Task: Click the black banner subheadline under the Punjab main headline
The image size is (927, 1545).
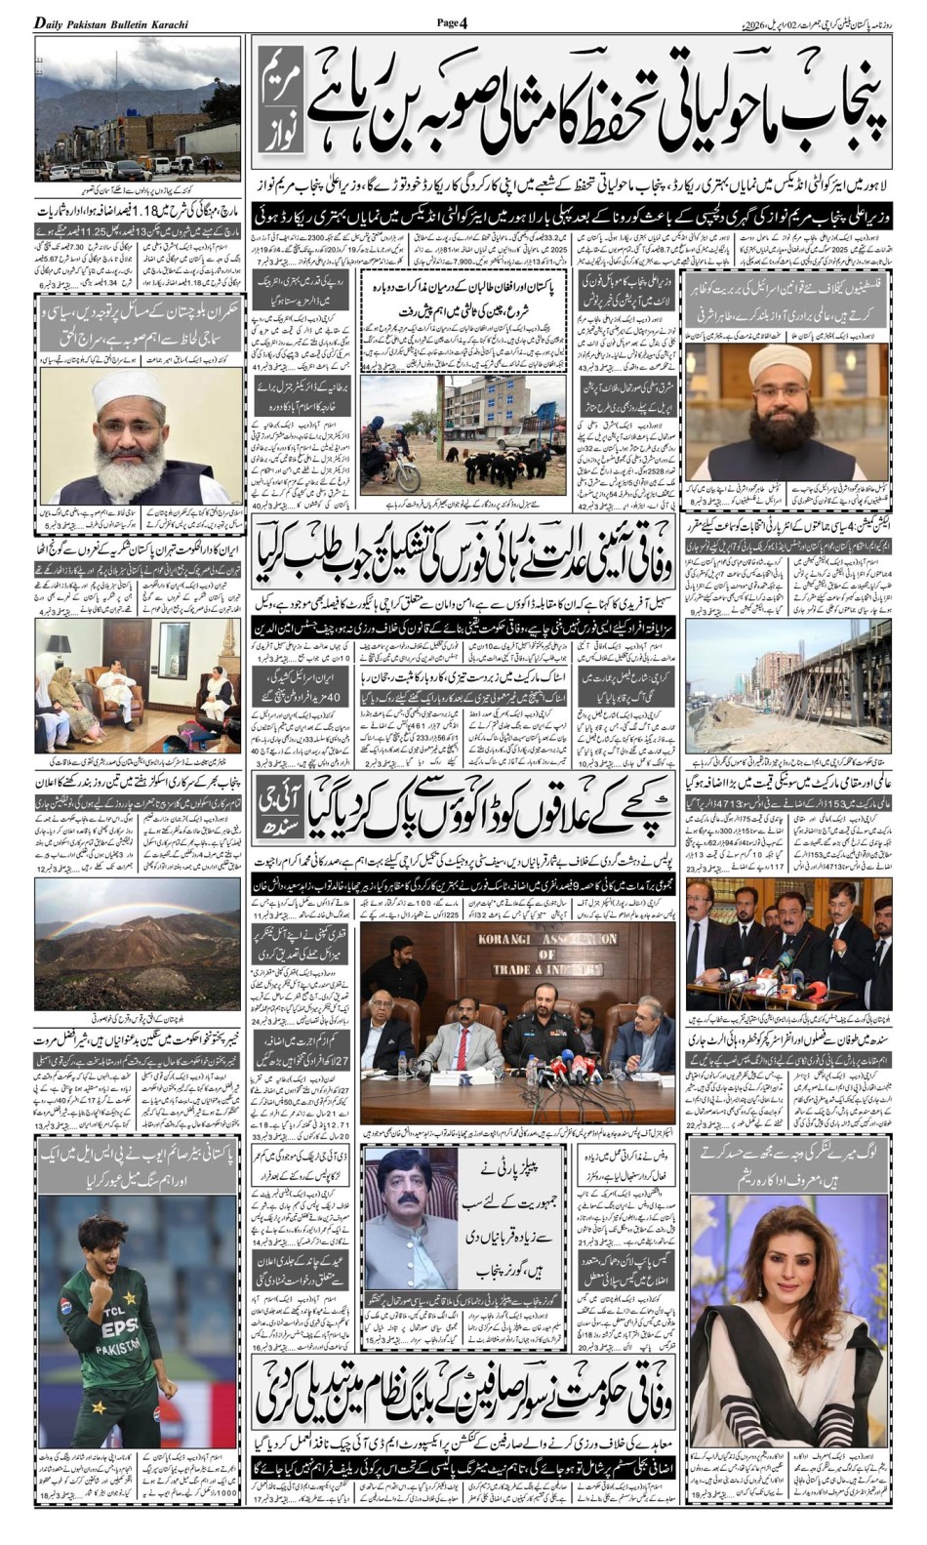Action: [x=569, y=214]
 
